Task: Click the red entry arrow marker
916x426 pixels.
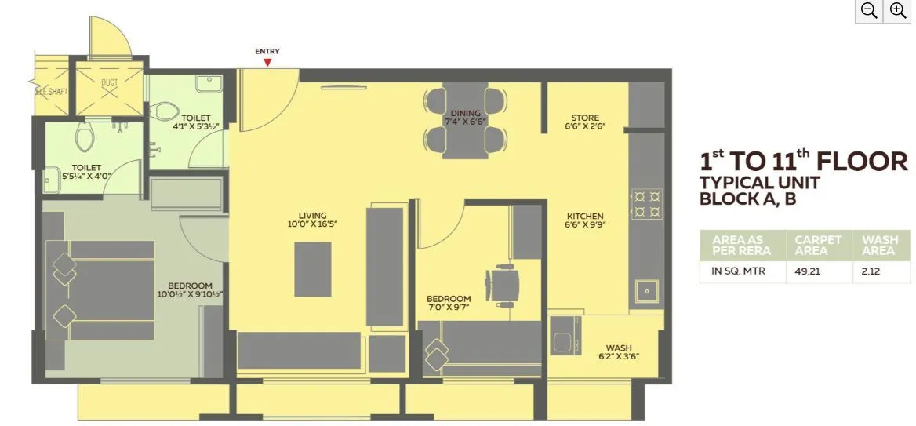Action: (267, 62)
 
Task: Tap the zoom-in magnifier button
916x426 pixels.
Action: (896, 11)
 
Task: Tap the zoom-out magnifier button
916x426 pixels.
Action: (868, 11)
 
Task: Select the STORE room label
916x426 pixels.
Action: (585, 118)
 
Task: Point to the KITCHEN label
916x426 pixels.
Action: (585, 217)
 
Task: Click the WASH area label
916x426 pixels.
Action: (618, 348)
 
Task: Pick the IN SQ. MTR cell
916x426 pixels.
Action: (737, 271)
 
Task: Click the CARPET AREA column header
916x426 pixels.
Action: (818, 245)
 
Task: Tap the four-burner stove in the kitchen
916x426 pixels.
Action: (647, 203)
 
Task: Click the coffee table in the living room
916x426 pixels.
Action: (312, 268)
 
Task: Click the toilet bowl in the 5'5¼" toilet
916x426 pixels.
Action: (85, 138)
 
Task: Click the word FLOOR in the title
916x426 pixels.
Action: (862, 162)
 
